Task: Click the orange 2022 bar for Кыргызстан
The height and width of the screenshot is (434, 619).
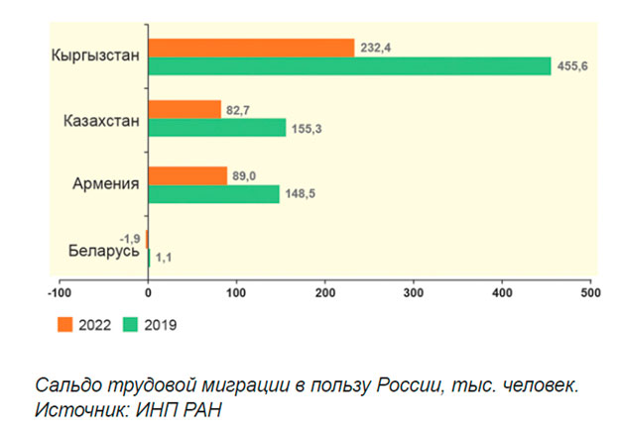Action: (252, 48)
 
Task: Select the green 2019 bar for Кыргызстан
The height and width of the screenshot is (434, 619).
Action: (350, 65)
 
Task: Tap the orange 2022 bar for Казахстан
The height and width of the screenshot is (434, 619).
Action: (185, 109)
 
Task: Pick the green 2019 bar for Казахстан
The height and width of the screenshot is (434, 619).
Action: (217, 127)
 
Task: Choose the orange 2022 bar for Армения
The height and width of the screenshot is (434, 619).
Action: (187, 175)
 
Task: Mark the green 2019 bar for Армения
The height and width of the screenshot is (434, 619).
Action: (214, 194)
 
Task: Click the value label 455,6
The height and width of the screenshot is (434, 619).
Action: (572, 65)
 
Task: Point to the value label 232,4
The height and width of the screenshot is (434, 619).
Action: (376, 48)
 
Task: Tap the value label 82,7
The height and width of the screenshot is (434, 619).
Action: (238, 110)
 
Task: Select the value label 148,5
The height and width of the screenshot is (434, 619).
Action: (301, 193)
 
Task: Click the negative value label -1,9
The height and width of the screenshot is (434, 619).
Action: (130, 239)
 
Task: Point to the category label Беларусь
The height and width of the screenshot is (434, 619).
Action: (104, 251)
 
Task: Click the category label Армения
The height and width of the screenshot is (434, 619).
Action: (106, 183)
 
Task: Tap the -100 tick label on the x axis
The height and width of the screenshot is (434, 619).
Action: (60, 293)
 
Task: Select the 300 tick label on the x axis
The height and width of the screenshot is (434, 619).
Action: (414, 293)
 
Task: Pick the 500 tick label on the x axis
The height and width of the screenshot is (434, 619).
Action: (590, 293)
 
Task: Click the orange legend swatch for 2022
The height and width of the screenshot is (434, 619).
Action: (65, 324)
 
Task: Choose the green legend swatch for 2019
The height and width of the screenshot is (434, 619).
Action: (130, 324)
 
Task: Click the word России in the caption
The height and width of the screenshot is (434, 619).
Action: (408, 384)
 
